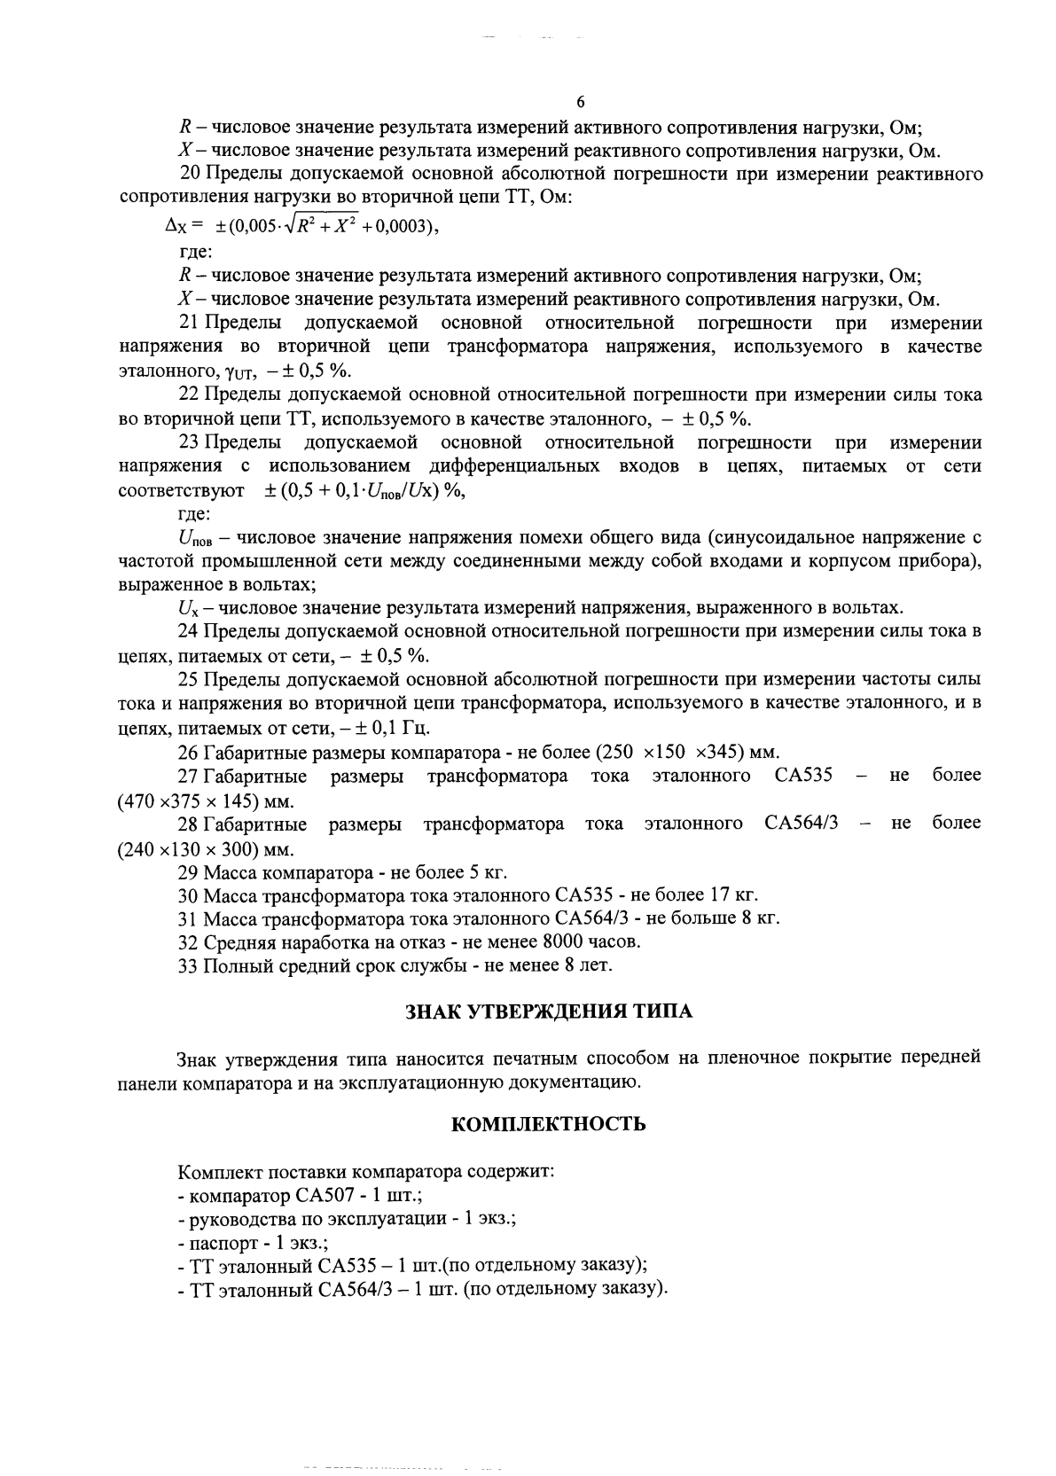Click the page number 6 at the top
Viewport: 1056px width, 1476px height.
point(580,101)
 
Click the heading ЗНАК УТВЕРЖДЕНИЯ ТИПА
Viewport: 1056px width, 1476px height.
point(549,1011)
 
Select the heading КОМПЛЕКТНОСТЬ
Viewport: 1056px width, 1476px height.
point(549,1124)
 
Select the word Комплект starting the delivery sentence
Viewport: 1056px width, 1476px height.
point(215,1171)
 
